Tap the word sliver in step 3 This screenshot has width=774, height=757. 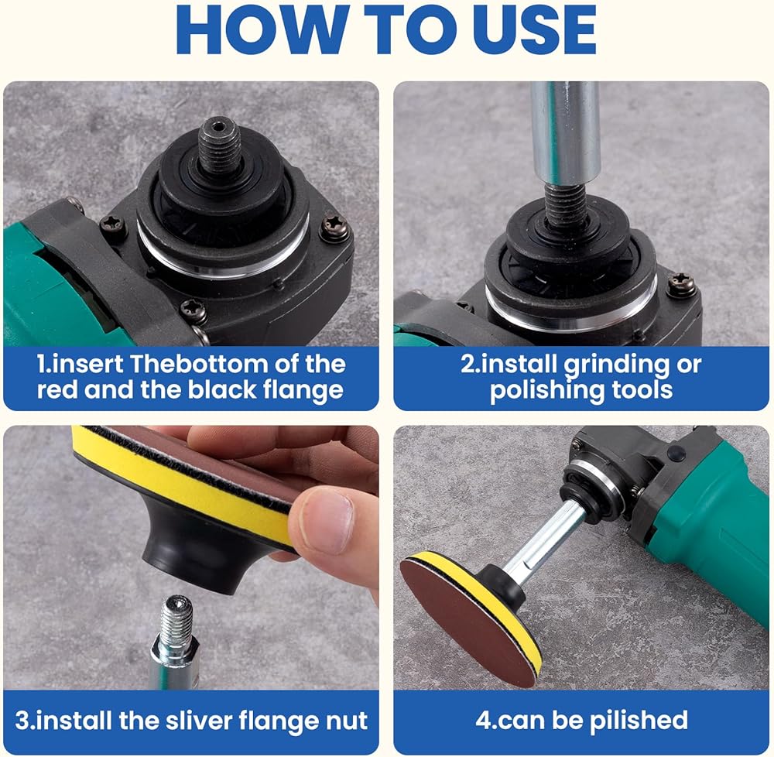(x=198, y=721)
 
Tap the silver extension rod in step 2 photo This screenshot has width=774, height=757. (x=566, y=132)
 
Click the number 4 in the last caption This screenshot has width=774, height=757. (x=481, y=721)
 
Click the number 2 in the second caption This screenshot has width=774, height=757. (x=467, y=365)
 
